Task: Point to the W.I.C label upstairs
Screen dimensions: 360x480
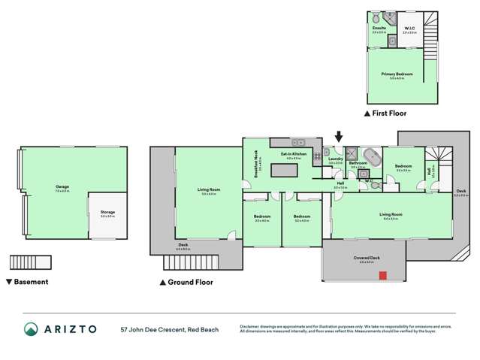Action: [x=409, y=29]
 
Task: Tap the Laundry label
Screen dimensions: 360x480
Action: [x=335, y=159]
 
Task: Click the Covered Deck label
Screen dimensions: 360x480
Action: [x=365, y=259]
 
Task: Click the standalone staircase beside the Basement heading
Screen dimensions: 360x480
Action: [x=29, y=262]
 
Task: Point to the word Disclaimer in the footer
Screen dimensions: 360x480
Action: [x=251, y=325]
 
